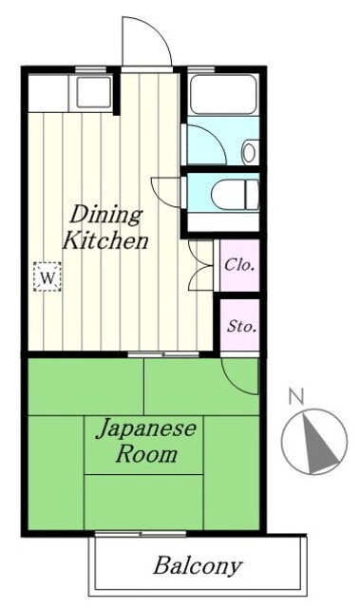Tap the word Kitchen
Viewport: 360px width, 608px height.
104,240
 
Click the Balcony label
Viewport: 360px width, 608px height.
198,567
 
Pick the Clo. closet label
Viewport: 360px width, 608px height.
239,265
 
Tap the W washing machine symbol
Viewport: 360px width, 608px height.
47,276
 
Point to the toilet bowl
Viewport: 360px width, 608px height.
232,194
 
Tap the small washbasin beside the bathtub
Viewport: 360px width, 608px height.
250,150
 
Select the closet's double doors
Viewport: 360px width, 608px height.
202,265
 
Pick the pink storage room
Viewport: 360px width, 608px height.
240,326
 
